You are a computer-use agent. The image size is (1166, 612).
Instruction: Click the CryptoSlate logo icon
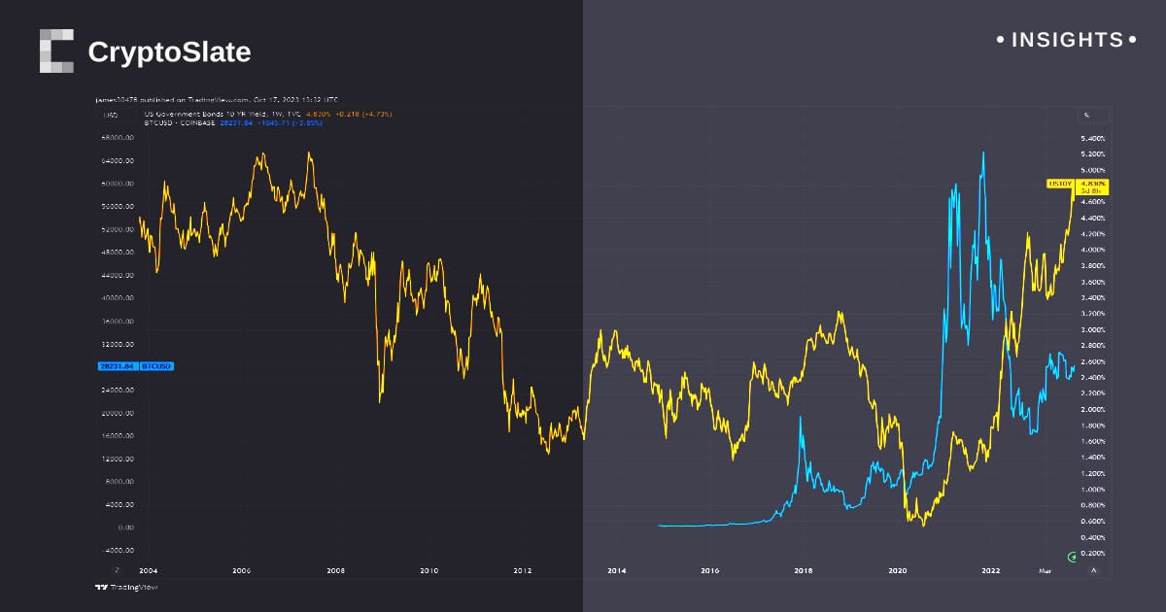[56, 51]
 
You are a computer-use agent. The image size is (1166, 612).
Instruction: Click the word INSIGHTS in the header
[1066, 40]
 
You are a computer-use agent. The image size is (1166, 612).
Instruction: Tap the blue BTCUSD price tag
[137, 366]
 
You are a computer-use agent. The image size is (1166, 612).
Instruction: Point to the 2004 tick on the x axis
[150, 569]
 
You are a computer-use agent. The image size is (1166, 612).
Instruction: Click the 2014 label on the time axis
[617, 569]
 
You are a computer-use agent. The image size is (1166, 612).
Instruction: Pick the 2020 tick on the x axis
[898, 569]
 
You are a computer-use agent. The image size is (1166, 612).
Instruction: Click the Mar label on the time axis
[1046, 569]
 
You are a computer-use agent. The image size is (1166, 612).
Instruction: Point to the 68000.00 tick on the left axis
[118, 137]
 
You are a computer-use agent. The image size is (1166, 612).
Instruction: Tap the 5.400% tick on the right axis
[1093, 138]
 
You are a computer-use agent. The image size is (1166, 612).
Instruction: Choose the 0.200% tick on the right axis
[1093, 553]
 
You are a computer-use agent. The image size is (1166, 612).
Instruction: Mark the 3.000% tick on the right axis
[1093, 329]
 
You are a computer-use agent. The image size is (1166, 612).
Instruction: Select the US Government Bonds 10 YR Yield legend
[204, 115]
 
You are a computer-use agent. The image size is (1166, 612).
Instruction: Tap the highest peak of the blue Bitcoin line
[983, 153]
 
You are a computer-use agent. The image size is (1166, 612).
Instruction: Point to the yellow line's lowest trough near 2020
[922, 526]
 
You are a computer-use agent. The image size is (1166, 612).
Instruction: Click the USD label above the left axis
[111, 115]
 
